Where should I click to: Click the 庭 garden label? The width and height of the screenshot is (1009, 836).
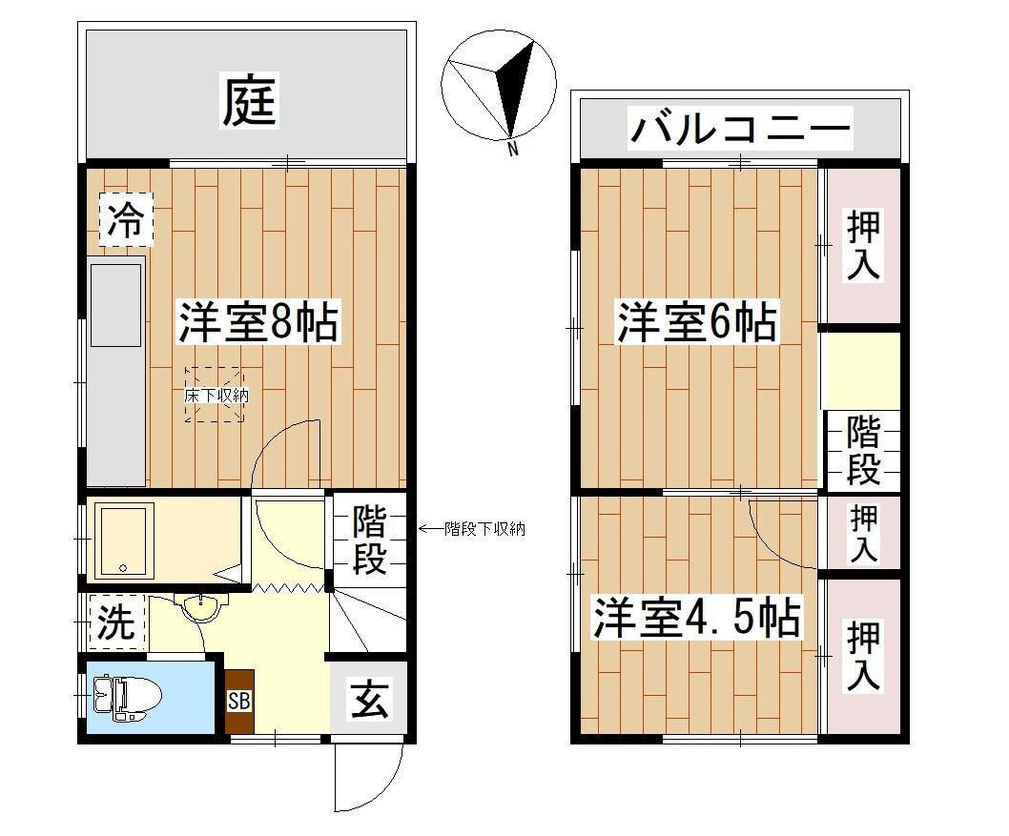coord(250,101)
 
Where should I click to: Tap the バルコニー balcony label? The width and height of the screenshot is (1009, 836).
coord(739,128)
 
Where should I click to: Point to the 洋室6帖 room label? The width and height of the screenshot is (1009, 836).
coord(695,321)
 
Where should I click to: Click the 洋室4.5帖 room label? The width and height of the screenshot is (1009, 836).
coord(695,618)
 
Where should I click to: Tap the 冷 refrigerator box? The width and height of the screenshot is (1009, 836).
coord(126,221)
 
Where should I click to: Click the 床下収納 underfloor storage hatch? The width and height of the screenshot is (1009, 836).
coord(216,394)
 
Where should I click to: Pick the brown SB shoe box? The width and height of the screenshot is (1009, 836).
coord(239,701)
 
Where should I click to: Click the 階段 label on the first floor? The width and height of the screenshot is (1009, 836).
coord(369,540)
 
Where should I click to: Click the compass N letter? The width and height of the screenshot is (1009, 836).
coord(512,150)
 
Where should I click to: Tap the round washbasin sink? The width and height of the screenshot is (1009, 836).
coord(201,606)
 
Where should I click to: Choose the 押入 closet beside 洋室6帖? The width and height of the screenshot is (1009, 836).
coord(864,246)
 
